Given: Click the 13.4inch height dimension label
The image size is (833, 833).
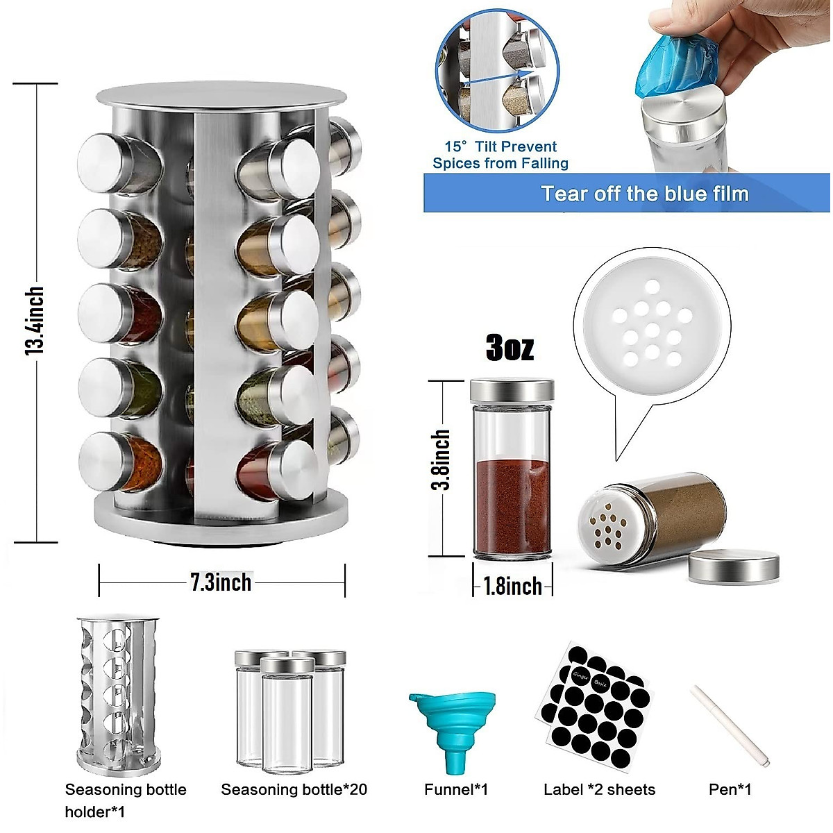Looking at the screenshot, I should tap(35, 321).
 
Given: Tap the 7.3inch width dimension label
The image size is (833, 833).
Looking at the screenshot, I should tap(221, 582).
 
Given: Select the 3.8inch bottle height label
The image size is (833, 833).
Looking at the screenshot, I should tap(441, 460).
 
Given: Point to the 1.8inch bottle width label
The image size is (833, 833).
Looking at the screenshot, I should tap(512, 586).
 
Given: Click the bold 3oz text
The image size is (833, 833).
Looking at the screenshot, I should tap(510, 347).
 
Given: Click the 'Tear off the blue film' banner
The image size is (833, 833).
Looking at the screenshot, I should tap(644, 193).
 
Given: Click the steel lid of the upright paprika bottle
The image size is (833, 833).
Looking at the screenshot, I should tap(512, 391).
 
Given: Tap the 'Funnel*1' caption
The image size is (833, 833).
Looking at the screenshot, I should tap(456, 789).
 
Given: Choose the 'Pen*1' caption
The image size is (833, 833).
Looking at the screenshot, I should tap(730, 789).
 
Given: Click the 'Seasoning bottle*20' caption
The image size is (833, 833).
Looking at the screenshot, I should tap(294, 789).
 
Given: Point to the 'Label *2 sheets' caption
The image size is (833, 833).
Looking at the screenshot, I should tap(599, 789).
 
